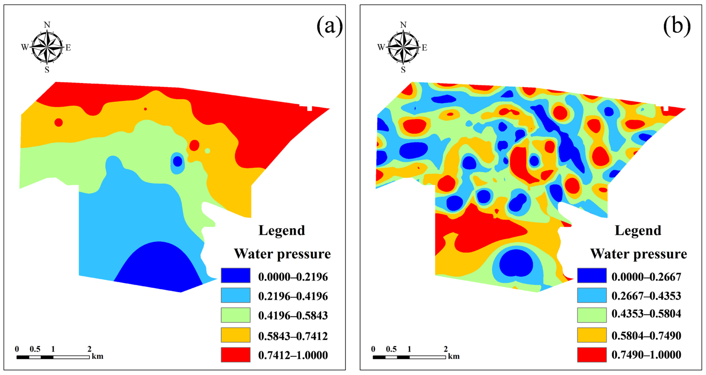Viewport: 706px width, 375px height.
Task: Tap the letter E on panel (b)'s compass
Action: [x=424, y=48]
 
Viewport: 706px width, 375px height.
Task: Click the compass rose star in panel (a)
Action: [x=47, y=47]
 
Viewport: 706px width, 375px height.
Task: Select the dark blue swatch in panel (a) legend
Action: [x=235, y=275]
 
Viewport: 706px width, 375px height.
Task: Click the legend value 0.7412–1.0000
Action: [x=293, y=355]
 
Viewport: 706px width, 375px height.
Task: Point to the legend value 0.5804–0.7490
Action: [x=646, y=335]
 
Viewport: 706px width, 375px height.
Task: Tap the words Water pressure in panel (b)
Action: [x=638, y=254]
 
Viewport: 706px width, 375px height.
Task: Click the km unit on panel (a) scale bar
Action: [x=98, y=356]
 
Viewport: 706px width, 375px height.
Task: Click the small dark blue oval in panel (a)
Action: [x=178, y=161]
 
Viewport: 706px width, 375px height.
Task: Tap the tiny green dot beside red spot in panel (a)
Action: [x=207, y=151]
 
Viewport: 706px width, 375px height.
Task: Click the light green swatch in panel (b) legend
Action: [x=591, y=315]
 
